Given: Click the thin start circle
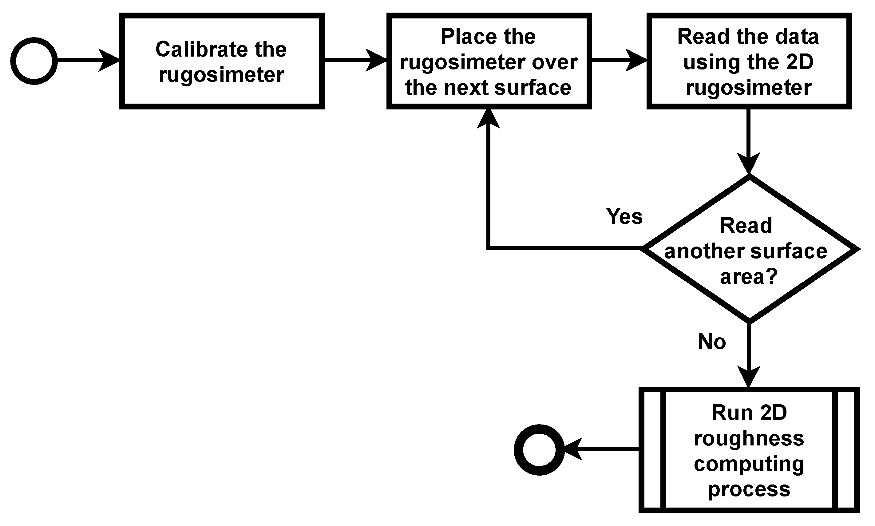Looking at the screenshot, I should point(34,61).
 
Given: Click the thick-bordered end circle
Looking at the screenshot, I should point(539,449).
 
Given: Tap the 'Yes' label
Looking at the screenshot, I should point(624,216).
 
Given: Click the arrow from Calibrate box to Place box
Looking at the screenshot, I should point(354,60).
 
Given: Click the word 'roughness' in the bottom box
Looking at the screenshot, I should point(749,438).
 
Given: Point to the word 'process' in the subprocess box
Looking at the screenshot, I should point(749,489).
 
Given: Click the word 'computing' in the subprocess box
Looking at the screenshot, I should point(749,464).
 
